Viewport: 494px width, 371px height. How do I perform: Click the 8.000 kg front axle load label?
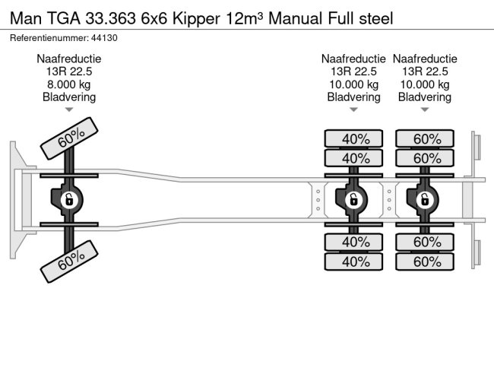pos(68,84)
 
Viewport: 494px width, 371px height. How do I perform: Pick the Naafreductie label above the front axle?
pos(68,59)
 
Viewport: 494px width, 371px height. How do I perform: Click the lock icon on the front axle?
pos(68,200)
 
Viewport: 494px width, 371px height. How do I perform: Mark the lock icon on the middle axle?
pos(353,200)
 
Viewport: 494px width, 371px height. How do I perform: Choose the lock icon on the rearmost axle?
pos(424,200)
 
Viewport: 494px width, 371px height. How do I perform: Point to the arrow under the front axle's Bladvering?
pos(68,110)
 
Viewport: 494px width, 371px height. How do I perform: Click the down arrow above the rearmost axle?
pos(425,110)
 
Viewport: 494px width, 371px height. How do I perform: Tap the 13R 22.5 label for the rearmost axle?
pos(425,71)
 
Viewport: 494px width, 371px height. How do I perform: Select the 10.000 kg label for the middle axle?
pos(353,84)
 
